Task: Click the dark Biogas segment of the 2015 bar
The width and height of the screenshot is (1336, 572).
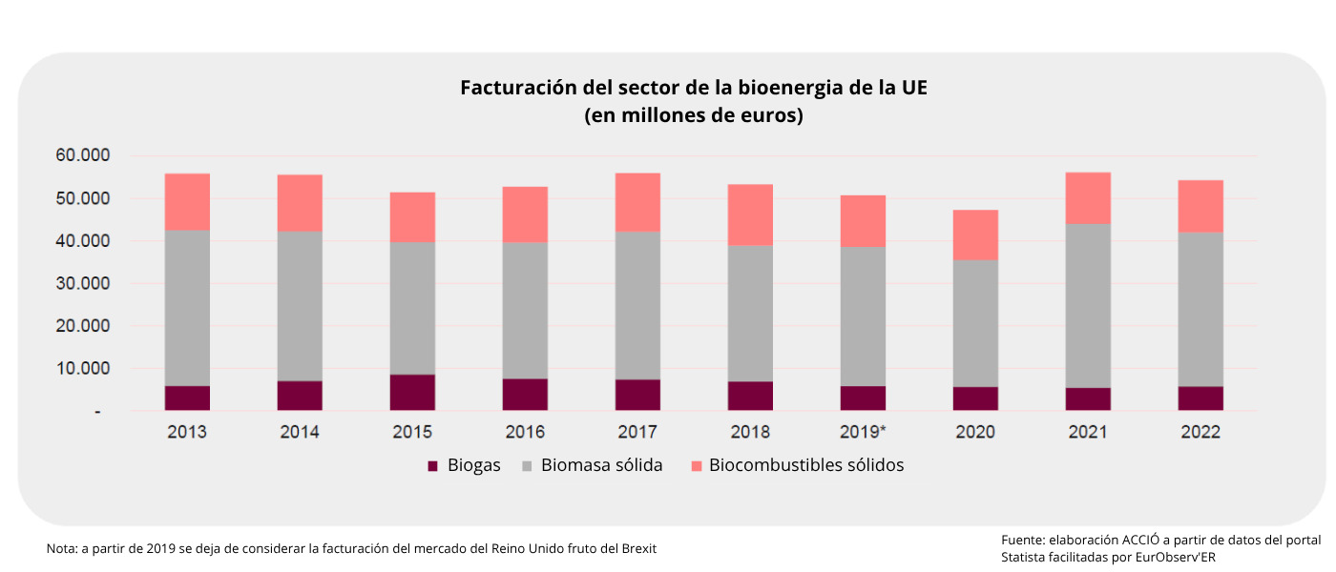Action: [412, 393]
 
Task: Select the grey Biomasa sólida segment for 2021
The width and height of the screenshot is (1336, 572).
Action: [1088, 305]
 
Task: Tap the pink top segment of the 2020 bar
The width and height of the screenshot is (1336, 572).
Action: [975, 235]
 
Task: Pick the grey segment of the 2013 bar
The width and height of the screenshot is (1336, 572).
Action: [187, 308]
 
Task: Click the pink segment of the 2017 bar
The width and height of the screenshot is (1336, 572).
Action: [637, 202]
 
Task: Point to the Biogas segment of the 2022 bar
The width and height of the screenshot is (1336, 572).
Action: [1200, 398]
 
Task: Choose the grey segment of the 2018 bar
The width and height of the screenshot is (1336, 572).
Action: [750, 313]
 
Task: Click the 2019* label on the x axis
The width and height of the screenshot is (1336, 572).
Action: [863, 432]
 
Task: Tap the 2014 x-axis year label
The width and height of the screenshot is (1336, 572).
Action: [300, 432]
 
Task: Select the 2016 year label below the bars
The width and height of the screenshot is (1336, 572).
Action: [525, 432]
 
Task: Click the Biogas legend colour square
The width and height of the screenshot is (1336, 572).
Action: [433, 466]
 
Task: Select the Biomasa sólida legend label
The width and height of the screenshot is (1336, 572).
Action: [601, 465]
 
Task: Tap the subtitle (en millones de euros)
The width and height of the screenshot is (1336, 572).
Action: [694, 116]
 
